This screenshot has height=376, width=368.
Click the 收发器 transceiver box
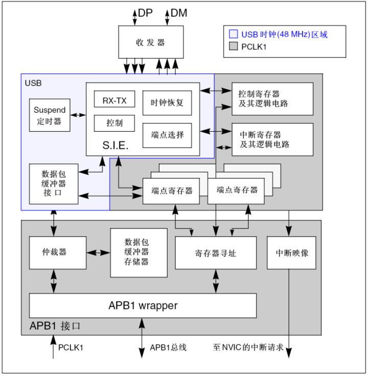tap(150, 42)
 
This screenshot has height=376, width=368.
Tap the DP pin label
tap(146, 13)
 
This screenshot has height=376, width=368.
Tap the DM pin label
tap(178, 13)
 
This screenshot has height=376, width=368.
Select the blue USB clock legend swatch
tap(234, 35)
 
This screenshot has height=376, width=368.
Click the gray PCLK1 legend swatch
tap(234, 47)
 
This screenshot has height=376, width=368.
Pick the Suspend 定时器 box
tap(50, 115)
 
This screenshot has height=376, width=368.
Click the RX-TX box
tap(114, 100)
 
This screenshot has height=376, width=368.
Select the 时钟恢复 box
tap(167, 102)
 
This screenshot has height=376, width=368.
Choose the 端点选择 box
tap(167, 135)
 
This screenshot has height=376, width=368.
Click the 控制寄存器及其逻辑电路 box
tap(272, 98)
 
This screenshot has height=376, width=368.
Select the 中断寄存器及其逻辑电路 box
tap(272, 139)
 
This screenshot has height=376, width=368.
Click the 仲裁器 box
tap(57, 253)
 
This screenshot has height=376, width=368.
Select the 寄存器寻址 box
tap(215, 253)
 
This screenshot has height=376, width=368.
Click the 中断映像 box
tap(291, 253)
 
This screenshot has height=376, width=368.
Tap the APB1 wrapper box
tap(143, 306)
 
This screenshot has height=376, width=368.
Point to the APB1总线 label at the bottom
tap(168, 348)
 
